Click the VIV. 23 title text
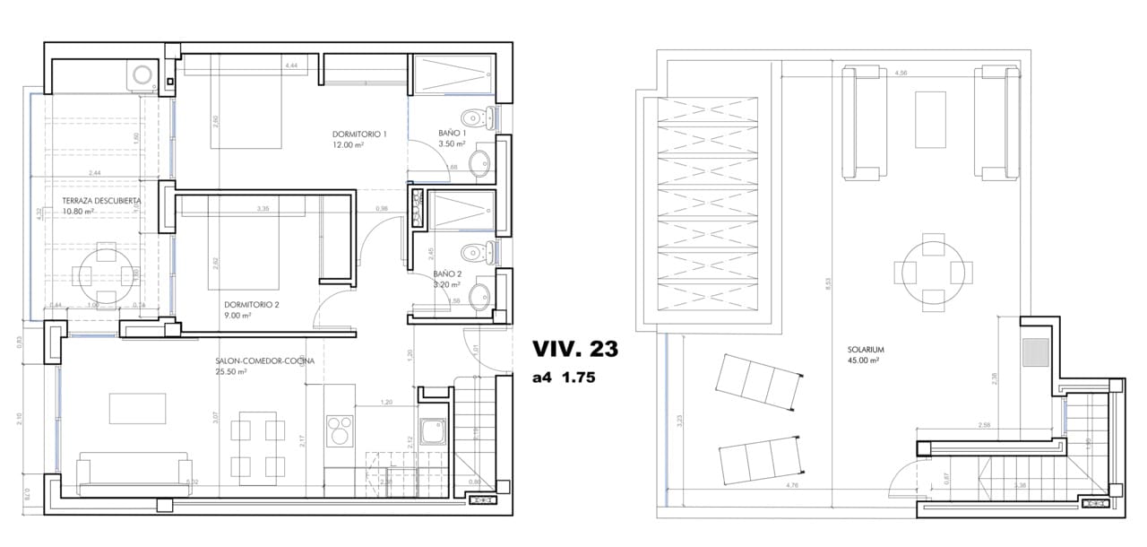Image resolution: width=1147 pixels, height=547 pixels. point(575,348)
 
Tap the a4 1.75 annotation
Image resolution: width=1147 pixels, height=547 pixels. point(564,378)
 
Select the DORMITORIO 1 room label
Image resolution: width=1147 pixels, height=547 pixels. point(359,134)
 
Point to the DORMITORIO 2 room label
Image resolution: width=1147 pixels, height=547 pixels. point(253,304)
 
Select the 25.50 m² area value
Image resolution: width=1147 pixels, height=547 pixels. point(235,372)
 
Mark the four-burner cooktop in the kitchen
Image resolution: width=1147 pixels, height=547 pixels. point(341,430)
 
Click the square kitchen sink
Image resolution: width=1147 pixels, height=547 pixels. point(433,431)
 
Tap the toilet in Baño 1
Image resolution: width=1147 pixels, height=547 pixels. point(479,117)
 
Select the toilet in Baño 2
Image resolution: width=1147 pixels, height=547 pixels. point(479,252)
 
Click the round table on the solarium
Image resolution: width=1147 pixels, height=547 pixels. point(932,271)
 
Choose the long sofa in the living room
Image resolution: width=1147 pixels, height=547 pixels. point(134,474)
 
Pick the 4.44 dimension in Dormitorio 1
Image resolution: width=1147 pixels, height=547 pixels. point(291,66)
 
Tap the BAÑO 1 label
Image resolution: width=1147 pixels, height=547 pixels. point(453,134)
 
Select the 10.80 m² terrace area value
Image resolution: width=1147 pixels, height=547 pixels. point(78,212)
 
